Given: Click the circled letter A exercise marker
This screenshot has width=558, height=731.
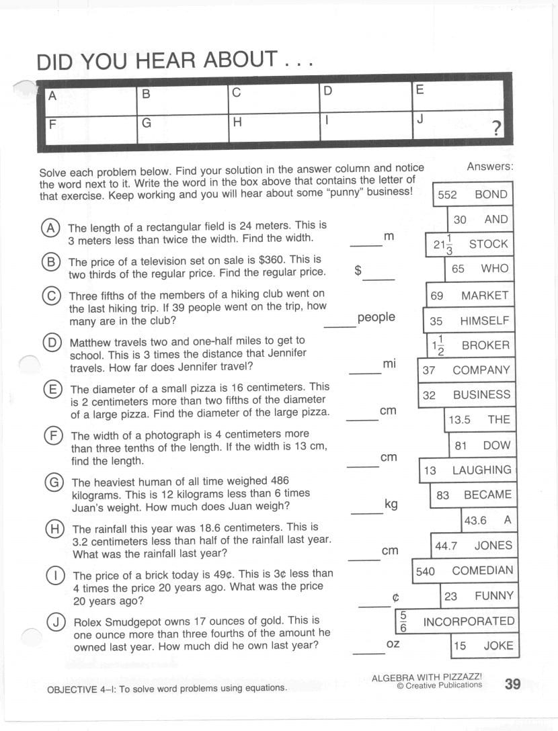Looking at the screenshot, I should coord(50,227).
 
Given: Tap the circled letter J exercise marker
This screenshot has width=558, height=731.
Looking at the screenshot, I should coord(54,621).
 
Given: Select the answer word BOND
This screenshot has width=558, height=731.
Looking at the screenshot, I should coord(491,194).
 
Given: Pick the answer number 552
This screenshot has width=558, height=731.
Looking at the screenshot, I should coord(447,195).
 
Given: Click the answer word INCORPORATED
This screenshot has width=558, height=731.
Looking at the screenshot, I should coord(469,621).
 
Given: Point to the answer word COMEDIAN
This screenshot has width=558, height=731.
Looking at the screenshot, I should coord(482,571).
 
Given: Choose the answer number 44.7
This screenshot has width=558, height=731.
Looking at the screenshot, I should coord(446,546).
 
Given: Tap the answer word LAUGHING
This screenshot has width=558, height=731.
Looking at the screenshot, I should coord(481,470).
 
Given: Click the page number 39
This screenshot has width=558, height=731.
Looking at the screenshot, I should coord(512,684).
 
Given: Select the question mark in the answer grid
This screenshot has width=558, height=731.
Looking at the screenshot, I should coord(496,128).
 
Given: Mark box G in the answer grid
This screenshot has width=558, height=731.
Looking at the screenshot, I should coord(182,130).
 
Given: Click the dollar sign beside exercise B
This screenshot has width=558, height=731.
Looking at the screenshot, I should coord(358,270).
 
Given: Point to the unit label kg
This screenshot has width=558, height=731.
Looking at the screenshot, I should coord(391,504).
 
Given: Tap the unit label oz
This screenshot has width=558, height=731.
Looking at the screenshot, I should coord(393,644).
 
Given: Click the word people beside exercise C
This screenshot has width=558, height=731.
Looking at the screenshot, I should coord(376,317).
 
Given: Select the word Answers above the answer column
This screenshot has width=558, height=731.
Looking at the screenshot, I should coord(489,166).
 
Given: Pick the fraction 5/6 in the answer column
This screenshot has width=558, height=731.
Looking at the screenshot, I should coord(403,621).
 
